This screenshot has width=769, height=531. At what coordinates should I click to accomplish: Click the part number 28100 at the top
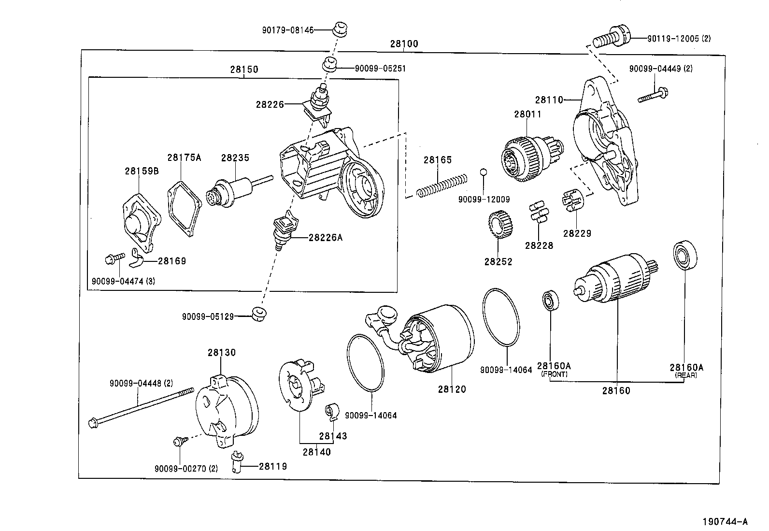click(x=404, y=44)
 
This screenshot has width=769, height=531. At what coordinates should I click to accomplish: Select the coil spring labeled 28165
click(x=442, y=185)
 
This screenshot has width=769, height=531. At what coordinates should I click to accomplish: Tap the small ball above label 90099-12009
click(x=484, y=172)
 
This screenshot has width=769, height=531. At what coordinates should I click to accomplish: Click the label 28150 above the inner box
click(x=244, y=70)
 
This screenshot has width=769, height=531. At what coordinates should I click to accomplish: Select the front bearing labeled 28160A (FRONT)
click(x=550, y=301)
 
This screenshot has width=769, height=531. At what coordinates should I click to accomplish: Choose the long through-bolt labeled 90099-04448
click(x=140, y=406)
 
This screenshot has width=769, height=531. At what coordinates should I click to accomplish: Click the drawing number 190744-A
click(x=725, y=521)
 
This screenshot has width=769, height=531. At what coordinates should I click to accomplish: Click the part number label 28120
click(x=452, y=389)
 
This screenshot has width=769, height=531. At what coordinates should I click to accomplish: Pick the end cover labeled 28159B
click(x=138, y=222)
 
